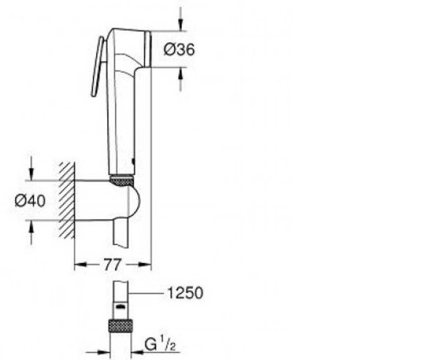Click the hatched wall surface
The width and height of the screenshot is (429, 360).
coord(67,200)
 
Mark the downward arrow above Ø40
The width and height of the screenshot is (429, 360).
coord(30,171)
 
